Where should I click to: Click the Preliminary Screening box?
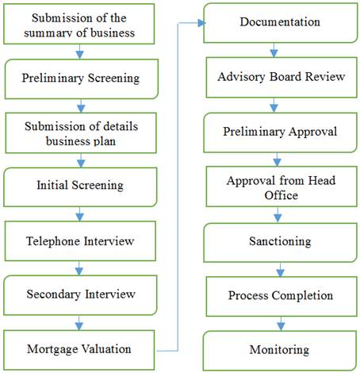coord(82,79)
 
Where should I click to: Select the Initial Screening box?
coord(80,186)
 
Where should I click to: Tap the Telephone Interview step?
coord(80,241)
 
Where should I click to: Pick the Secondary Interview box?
coord(80,295)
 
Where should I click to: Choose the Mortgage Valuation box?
coord(79,350)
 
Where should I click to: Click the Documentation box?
coord(281,23)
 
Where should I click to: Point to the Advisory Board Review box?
coord(281,78)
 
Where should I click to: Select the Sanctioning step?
coord(281,243)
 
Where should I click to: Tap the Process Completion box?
coord(281,296)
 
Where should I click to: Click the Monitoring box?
coord(280,351)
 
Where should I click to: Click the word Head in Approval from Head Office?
coord(322,180)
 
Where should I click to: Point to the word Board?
coord(285,76)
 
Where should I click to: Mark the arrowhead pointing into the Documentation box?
coord(201,23)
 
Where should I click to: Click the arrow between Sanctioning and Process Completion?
coord(280,270)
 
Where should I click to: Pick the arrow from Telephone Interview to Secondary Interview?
coord(79,268)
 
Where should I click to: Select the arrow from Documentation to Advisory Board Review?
coord(274,50)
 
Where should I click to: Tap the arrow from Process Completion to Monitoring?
coord(281,324)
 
